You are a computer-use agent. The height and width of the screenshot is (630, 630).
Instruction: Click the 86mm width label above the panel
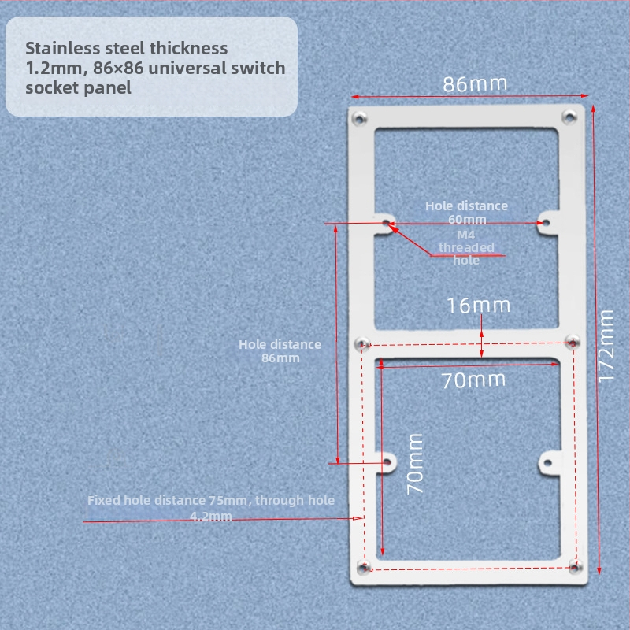click(475, 84)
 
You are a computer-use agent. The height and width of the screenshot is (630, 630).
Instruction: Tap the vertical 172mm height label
click(606, 346)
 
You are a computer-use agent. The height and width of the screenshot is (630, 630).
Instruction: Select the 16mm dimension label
click(478, 306)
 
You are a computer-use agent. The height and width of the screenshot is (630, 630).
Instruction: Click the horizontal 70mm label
click(473, 380)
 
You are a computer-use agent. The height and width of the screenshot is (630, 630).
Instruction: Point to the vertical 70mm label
click(415, 464)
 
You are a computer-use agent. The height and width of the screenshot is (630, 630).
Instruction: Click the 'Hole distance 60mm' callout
click(466, 213)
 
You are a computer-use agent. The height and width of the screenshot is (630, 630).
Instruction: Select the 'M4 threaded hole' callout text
click(466, 247)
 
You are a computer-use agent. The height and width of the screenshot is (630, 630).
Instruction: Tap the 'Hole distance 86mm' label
click(280, 351)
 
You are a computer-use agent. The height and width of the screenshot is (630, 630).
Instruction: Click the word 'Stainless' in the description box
click(63, 48)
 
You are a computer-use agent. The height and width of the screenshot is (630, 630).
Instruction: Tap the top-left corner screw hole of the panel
click(359, 119)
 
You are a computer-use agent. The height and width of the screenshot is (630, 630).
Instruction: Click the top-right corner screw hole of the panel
click(569, 117)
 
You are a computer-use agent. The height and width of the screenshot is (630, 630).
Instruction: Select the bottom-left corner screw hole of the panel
click(364, 568)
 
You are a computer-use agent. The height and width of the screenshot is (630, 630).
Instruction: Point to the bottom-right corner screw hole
click(576, 566)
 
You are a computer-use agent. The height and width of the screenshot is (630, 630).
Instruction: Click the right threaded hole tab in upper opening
click(546, 223)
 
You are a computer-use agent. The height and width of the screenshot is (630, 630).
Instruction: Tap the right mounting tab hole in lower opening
click(547, 463)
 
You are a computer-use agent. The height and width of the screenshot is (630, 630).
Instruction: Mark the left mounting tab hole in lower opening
click(387, 462)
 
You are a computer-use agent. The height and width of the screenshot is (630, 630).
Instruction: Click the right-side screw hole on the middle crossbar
click(573, 342)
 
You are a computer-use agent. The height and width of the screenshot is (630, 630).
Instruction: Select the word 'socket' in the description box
click(51, 88)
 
